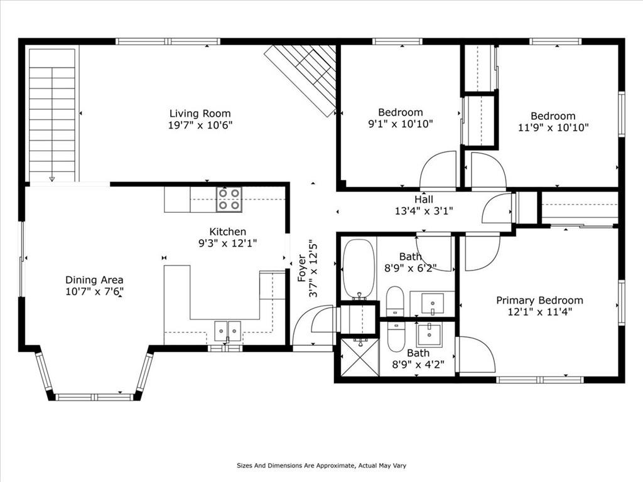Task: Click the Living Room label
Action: [200, 113]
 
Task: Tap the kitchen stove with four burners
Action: [229, 199]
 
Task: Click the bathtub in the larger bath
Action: [359, 269]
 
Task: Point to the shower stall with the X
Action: [360, 356]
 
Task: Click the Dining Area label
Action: [94, 280]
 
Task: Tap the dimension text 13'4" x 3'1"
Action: [424, 211]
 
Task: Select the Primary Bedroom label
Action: [539, 301]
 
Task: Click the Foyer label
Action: [302, 268]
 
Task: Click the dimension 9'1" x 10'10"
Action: [400, 124]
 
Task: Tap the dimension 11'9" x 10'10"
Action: [553, 127]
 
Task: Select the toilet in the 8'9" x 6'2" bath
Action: [396, 301]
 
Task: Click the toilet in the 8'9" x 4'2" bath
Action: [396, 337]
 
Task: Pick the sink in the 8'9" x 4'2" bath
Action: [429, 335]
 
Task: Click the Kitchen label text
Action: [227, 232]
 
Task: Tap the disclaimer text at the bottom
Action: [321, 466]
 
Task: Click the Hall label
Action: [424, 200]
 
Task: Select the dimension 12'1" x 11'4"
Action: [539, 312]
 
